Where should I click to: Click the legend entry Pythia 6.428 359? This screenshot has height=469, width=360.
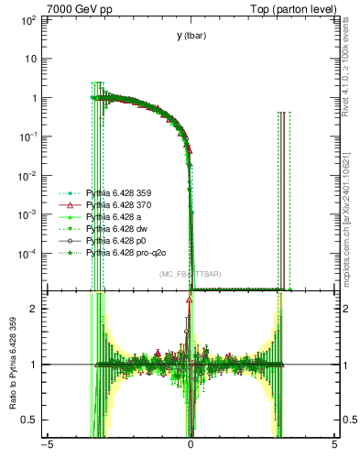click(x=116, y=195)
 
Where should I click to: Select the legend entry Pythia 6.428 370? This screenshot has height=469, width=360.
click(x=116, y=207)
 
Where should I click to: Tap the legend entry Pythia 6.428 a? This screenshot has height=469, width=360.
click(x=111, y=218)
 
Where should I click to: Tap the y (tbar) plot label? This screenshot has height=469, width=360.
click(x=191, y=36)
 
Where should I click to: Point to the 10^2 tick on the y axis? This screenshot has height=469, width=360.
click(x=31, y=19)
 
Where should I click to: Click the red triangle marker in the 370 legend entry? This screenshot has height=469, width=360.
click(x=71, y=207)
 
